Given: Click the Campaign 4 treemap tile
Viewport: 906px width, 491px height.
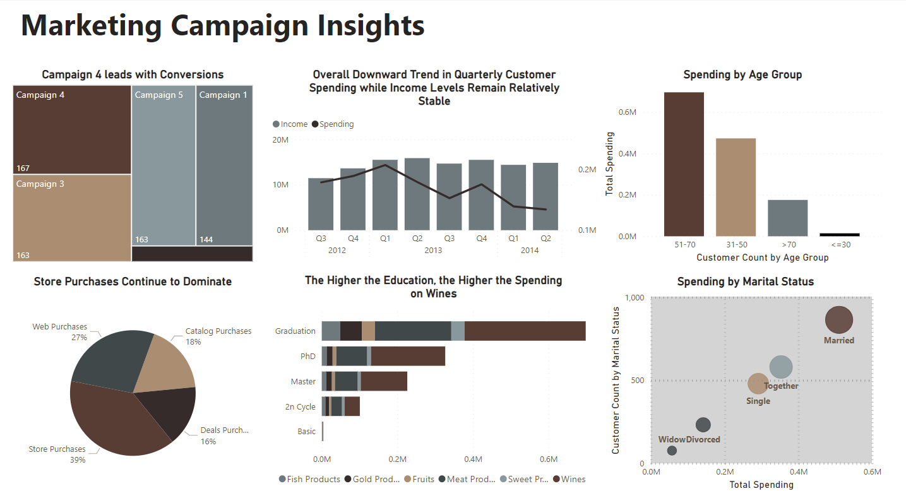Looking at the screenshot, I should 72,130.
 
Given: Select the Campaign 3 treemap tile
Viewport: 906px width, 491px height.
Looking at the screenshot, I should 72,218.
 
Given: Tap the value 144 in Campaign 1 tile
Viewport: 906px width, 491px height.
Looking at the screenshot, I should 206,240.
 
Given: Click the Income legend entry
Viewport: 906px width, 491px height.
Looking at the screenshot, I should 290,124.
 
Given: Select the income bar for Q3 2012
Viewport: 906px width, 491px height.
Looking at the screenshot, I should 321,204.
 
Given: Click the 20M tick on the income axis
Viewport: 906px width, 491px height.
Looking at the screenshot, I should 280,139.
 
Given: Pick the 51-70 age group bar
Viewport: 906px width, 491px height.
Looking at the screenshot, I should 684,164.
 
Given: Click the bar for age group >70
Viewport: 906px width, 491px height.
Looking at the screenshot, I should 787,218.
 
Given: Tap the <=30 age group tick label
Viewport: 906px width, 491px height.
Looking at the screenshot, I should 840,245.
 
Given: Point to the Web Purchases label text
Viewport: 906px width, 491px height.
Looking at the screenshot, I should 60,327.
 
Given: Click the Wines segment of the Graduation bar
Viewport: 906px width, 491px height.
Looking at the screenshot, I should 525,331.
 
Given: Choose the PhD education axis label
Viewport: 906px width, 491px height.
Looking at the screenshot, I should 307,357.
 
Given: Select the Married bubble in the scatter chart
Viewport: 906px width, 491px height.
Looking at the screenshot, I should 839,319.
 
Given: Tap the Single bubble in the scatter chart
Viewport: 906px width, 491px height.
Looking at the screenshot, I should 758,383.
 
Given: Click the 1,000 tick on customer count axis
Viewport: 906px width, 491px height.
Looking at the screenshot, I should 633,298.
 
